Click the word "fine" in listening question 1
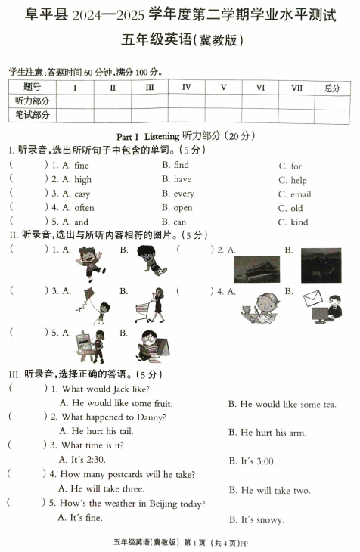[x=81, y=165]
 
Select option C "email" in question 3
[x=300, y=194]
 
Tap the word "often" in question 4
[x=84, y=208]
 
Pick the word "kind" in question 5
[x=299, y=222]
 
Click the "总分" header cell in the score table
[x=333, y=88]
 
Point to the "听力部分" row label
[x=33, y=101]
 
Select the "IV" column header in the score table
[x=186, y=88]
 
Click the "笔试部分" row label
[x=33, y=116]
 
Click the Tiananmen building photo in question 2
[x=256, y=268]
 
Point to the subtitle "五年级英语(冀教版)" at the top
[x=179, y=39]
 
